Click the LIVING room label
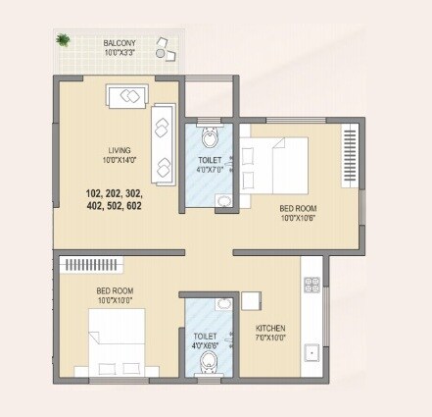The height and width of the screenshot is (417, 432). pos(120,150)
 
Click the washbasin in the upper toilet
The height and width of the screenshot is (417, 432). pos(224,201)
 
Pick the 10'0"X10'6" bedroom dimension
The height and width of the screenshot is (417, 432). pos(298,218)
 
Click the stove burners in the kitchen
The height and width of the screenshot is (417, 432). pos(312,286)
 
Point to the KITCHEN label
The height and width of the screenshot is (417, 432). pos(270,329)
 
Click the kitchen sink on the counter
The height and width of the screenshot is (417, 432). pos(312,351)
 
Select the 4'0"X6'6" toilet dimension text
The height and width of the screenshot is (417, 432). pos(205,344)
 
